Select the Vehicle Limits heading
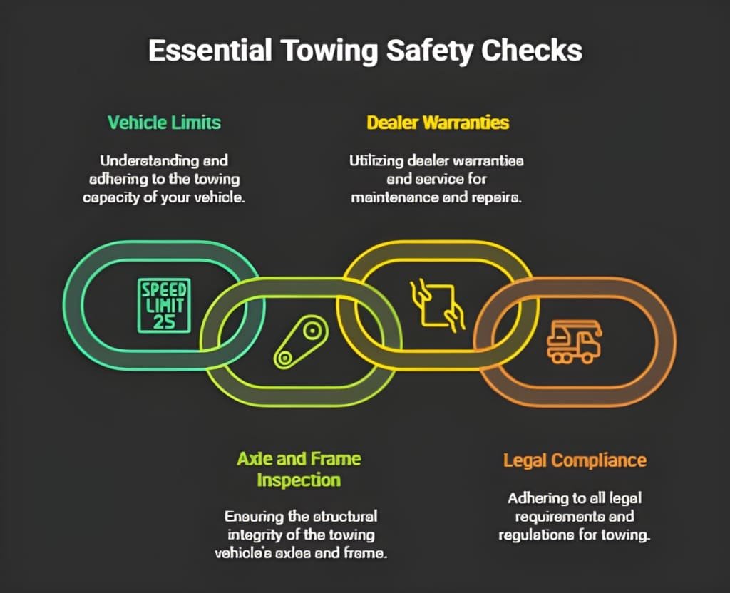[x=164, y=122]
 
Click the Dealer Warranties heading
[x=438, y=122]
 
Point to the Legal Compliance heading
[x=575, y=460]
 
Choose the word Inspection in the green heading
[x=299, y=480]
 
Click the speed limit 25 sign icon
[x=164, y=305]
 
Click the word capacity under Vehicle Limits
[x=113, y=197]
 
